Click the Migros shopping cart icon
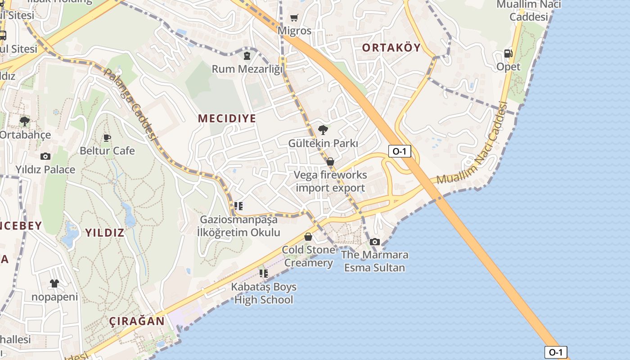(x=294, y=18)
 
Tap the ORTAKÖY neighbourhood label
(x=391, y=48)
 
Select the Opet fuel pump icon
(x=508, y=54)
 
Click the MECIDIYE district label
(x=227, y=118)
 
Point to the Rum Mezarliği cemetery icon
(x=247, y=56)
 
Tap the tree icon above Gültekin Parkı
(x=323, y=130)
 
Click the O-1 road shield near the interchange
(x=400, y=151)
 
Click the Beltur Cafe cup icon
(x=107, y=137)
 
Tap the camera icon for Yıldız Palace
(x=45, y=157)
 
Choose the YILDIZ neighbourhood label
(x=105, y=233)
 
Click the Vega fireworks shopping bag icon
(x=330, y=162)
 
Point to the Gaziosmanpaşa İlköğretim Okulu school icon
(x=238, y=206)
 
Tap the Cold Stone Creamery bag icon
(x=308, y=237)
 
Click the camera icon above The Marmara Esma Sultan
(x=375, y=242)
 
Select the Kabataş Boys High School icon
(x=264, y=274)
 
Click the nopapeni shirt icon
(x=54, y=283)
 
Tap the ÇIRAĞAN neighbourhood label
(x=137, y=321)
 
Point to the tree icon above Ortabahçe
(x=25, y=121)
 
